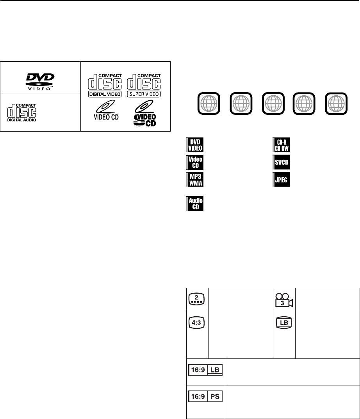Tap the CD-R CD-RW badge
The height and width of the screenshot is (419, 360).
coord(281,145)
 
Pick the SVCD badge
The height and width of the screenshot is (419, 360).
coord(281,162)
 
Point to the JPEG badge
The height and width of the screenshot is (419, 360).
coord(281,179)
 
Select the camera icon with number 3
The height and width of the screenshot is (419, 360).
coord(284,299)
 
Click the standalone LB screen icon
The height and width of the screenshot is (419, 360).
coord(284,323)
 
